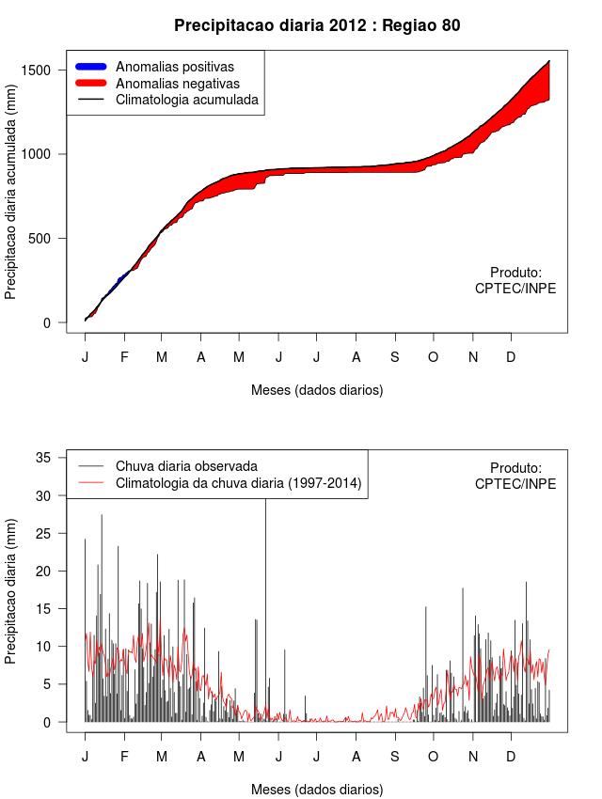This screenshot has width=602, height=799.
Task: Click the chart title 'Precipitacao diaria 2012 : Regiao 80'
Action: pos(317,25)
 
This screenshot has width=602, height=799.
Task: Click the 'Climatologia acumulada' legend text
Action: pos(186,99)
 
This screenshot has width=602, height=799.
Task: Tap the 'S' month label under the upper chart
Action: pos(394,357)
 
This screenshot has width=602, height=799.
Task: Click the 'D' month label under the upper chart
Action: pos(511,357)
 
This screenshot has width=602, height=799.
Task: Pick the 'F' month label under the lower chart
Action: pos(123,757)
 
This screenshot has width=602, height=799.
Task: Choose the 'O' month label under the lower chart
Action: pos(433,757)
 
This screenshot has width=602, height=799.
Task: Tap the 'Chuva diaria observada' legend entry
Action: pos(186,465)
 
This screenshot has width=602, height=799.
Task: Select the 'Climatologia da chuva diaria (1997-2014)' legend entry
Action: pos(238,483)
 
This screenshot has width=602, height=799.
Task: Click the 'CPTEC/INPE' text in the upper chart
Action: pos(515,289)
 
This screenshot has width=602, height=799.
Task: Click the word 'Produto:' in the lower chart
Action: pos(515,467)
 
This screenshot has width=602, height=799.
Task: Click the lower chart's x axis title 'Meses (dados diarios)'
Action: pos(317,789)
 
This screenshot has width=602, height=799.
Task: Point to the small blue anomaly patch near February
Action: pos(120,279)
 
